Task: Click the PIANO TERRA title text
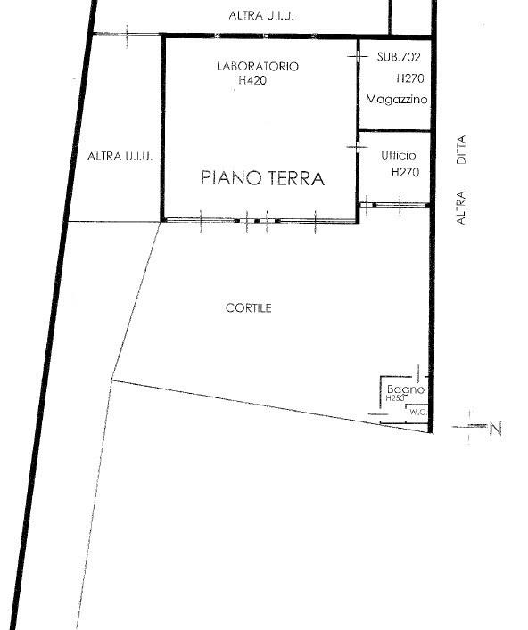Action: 262,178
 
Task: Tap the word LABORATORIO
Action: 258,66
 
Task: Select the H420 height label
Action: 252,80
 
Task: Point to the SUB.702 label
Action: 399,57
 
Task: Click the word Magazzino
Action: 397,99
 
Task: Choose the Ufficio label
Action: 399,155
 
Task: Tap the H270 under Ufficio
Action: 405,172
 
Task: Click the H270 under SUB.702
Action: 410,78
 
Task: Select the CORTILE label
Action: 249,308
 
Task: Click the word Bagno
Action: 406,389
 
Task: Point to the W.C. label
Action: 418,412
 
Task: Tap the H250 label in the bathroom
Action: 395,398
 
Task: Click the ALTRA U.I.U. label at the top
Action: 261,16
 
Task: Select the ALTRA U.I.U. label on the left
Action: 120,156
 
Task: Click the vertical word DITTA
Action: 461,150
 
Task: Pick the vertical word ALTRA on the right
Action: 461,208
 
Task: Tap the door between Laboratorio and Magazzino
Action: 358,57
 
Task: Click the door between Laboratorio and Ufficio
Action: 358,147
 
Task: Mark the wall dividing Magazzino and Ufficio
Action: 394,131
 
